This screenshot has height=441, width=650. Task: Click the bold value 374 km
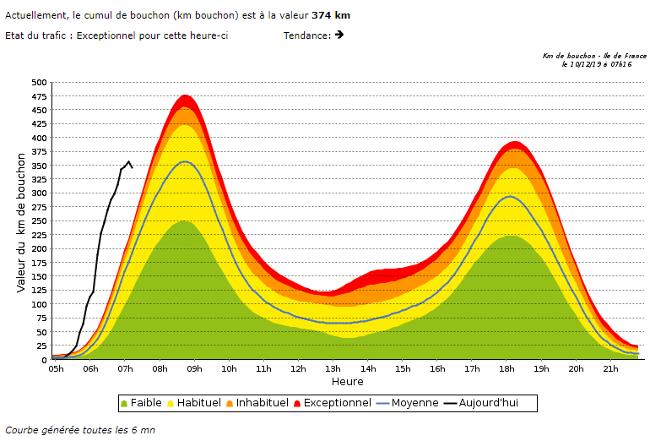(330, 15)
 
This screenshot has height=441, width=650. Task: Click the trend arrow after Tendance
(339, 35)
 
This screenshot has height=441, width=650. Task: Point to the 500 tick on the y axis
(39, 82)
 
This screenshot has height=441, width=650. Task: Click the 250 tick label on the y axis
(39, 221)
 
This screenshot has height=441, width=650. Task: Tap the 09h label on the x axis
(194, 368)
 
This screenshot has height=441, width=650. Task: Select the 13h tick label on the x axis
(333, 368)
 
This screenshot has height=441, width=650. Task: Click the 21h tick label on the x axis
(611, 368)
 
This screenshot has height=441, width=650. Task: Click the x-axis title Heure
(347, 381)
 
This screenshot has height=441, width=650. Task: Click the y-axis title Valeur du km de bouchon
(21, 221)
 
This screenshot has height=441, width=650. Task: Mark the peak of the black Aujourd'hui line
(128, 161)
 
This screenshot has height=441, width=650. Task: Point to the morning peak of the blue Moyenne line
(185, 161)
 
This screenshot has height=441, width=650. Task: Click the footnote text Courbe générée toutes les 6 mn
(80, 430)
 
